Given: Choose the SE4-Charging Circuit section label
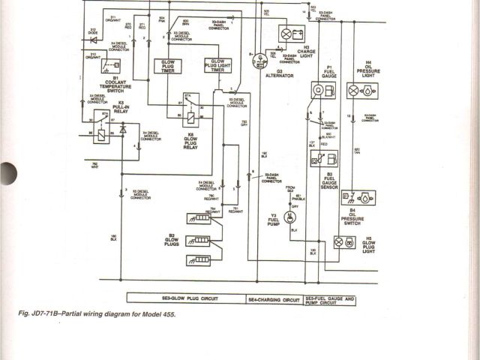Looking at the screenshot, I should pos(274,298).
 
